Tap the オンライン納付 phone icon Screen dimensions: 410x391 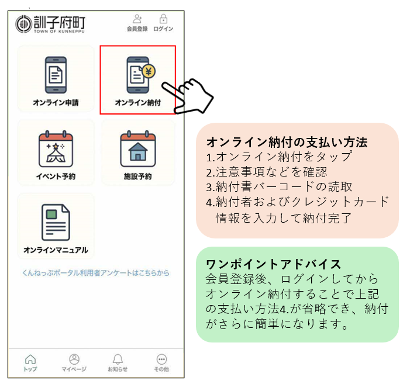tap(139, 75)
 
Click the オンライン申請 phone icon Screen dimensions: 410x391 tap(56, 75)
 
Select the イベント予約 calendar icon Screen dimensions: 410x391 tap(56, 148)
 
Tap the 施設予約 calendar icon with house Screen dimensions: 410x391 tap(138, 148)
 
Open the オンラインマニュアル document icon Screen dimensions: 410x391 tap(56, 222)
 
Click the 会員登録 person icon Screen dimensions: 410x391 tap(137, 19)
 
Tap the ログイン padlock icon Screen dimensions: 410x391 tap(163, 19)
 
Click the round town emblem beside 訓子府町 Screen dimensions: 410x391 tap(23, 24)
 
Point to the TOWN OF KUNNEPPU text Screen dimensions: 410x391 tap(59, 32)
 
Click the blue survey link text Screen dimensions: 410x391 tap(96, 273)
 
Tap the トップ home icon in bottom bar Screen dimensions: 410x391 tap(30, 359)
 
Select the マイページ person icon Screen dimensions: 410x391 tap(74, 359)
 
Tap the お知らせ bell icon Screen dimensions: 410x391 tap(118, 359)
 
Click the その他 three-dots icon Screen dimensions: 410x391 tap(161, 359)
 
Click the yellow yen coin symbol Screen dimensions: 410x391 tap(149, 71)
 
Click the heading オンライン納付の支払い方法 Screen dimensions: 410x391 tap(287, 143)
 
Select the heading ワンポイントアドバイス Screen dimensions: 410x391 tap(273, 264)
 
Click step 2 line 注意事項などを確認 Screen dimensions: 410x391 tap(267, 172)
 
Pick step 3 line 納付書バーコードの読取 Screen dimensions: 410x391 tap(279, 187)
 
